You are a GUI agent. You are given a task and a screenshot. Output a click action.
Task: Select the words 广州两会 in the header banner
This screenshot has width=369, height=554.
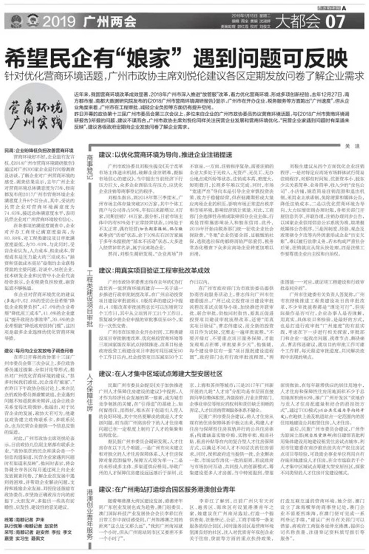(x=108, y=22)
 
